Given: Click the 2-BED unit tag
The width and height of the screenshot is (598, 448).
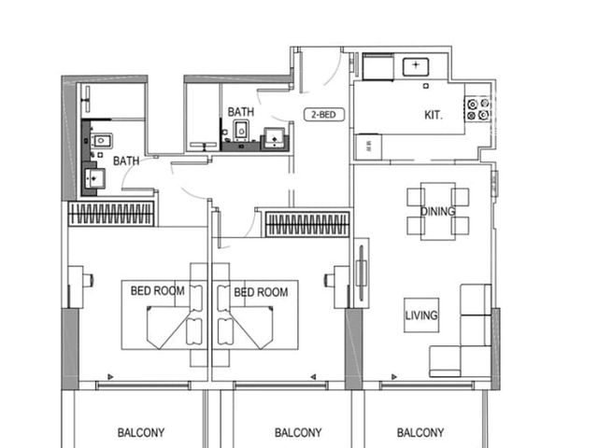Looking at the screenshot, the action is pos(324,115).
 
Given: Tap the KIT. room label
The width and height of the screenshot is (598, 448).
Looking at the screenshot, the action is pos(434,115).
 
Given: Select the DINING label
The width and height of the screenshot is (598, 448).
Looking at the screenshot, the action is pos(438,211).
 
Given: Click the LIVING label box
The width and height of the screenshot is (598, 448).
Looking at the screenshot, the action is pos(421,315).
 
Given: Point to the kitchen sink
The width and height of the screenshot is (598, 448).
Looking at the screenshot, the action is pos(416,67).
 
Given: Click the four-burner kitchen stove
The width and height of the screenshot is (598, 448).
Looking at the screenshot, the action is pos(477,109).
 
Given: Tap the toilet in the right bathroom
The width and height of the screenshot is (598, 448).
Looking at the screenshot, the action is pos(241,131).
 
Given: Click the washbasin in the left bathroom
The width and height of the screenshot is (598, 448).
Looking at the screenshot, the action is pos(93,178).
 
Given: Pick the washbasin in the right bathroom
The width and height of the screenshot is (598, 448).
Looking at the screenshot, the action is pos(275,139).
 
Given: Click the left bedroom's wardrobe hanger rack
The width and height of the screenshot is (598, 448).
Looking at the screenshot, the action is pos(111,214).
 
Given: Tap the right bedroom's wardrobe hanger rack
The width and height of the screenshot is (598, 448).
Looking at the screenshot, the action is pos(307,224).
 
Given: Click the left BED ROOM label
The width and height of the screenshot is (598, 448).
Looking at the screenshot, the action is pos(158,291).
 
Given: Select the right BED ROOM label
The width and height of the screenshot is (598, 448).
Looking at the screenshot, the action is pos(261,292).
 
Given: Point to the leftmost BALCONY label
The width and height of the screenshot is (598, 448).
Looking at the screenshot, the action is pos(141,433).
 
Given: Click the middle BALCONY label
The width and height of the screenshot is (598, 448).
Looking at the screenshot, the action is pos(298,433).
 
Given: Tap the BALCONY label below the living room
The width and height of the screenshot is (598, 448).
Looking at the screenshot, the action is pos(420,433).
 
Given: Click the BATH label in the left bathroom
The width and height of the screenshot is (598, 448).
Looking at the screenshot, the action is pos(126,161).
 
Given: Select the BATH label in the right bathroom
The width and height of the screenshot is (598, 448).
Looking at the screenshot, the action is pos(241,112).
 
